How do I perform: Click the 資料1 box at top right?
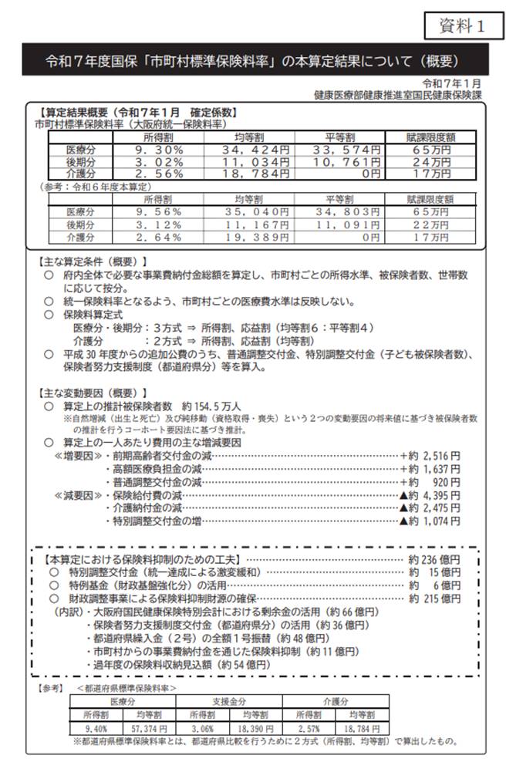coord(460,25)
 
